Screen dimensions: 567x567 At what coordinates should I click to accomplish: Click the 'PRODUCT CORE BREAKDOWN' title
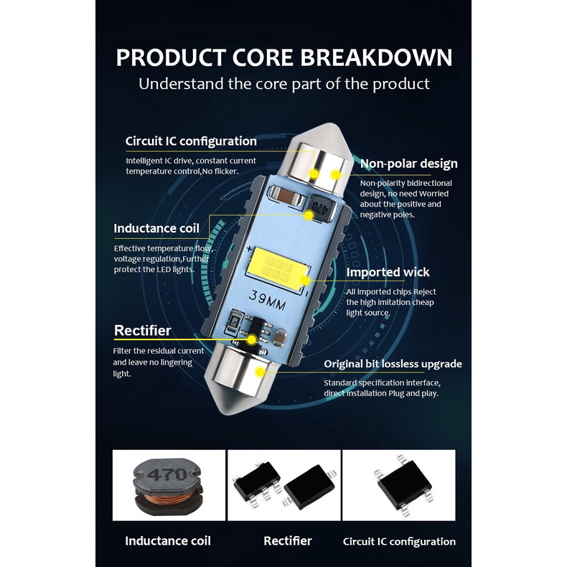pyautogui.click(x=284, y=57)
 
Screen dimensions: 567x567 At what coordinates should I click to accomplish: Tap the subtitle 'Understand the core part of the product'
pyautogui.click(x=284, y=83)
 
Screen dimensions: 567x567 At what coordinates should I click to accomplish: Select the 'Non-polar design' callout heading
pyautogui.click(x=408, y=164)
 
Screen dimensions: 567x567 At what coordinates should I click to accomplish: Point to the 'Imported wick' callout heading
pyautogui.click(x=388, y=272)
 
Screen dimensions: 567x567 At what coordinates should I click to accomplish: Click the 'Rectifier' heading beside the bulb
pyautogui.click(x=143, y=331)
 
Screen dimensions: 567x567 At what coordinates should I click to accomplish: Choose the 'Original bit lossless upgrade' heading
pyautogui.click(x=393, y=364)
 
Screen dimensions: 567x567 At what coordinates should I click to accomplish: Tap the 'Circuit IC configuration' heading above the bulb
pyautogui.click(x=191, y=141)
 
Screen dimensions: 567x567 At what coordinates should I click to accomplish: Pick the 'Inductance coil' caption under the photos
pyautogui.click(x=168, y=541)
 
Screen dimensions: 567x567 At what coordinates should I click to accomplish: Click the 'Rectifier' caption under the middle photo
pyautogui.click(x=287, y=541)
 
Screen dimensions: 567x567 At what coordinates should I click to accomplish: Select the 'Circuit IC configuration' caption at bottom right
pyautogui.click(x=399, y=542)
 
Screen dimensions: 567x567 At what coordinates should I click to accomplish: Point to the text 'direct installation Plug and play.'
pyautogui.click(x=381, y=393)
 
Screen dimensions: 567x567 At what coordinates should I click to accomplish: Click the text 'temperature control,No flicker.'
pyautogui.click(x=182, y=171)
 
